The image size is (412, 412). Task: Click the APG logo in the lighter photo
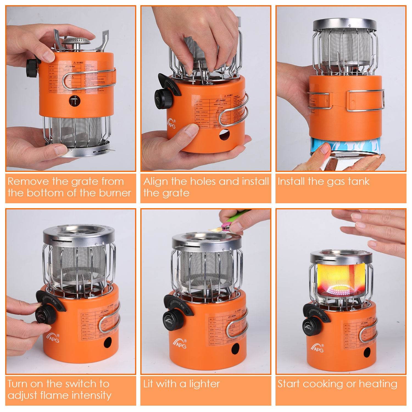point(180,343)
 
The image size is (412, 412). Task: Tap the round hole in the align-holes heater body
point(224,135)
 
